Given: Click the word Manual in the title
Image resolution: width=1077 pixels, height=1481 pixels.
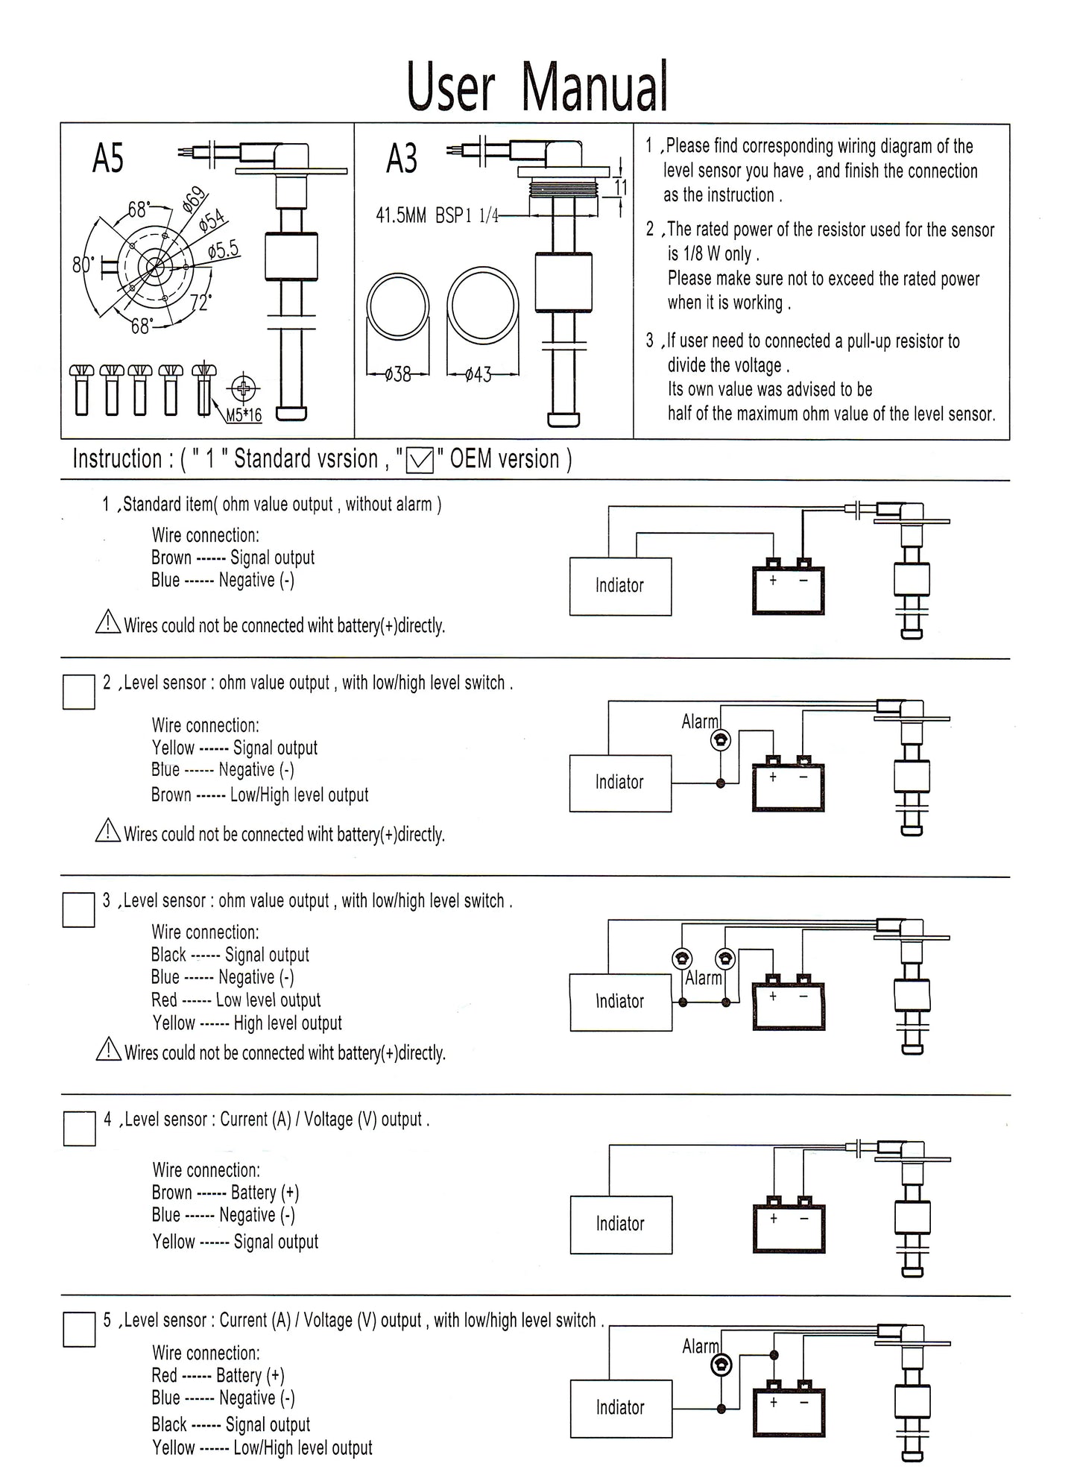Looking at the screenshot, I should point(595,88).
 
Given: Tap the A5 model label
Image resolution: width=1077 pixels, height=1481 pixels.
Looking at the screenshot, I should point(108,158).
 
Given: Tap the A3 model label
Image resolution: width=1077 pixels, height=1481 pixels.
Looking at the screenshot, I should point(402,159).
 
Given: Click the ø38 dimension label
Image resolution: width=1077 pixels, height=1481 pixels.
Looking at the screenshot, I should point(398,374).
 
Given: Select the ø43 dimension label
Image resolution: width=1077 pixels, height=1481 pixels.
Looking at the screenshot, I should point(478,374).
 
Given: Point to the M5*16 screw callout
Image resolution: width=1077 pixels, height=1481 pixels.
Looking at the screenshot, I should point(244,415).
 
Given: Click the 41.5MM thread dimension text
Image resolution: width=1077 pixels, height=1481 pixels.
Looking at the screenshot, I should point(401,216).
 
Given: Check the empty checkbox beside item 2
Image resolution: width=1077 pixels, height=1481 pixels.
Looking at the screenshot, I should point(78,692).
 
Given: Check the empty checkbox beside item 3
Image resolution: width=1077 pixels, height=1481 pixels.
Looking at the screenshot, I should point(78,910).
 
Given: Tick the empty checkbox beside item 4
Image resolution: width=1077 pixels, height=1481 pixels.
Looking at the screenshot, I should point(79,1128).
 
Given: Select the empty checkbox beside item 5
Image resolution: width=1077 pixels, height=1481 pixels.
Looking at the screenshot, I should point(79,1330).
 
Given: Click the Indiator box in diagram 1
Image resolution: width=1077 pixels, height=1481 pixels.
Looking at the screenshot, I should point(620,586).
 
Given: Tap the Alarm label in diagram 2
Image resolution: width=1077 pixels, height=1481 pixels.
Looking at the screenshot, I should point(700,721).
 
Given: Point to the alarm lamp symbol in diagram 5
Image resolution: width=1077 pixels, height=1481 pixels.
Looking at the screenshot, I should point(721,1365).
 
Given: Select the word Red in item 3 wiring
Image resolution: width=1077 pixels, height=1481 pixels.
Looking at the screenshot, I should point(164,1000).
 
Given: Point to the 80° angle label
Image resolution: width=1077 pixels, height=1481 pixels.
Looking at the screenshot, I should point(82,265).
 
